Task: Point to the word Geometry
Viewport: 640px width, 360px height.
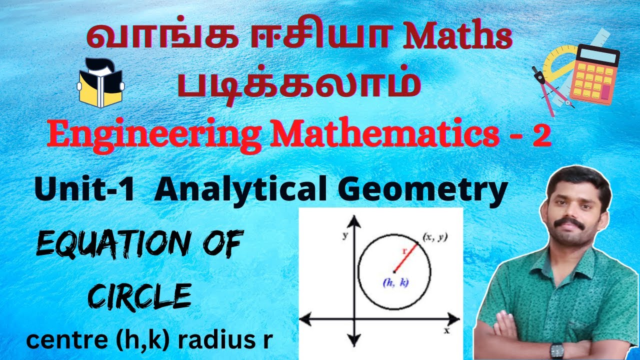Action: click(x=422, y=191)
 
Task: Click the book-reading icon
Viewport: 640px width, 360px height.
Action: click(x=100, y=82)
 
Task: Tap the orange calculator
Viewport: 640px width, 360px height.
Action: click(x=595, y=75)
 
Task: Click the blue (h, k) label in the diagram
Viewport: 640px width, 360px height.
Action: click(x=395, y=283)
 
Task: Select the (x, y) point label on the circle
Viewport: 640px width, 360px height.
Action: click(x=435, y=237)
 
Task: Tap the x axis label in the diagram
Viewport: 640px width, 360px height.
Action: click(x=446, y=331)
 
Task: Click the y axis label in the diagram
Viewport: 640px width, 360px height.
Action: click(x=345, y=235)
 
